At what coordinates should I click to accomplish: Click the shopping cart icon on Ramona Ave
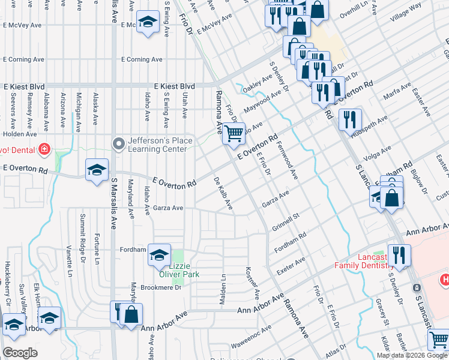point(234,133)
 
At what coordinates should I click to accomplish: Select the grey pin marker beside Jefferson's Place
point(119,143)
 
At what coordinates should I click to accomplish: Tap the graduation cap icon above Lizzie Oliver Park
point(159,255)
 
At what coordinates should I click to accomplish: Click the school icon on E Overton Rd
point(97,170)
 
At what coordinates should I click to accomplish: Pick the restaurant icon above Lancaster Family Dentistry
point(399,255)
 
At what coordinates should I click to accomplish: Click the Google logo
point(20,353)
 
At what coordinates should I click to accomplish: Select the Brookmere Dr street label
point(161,287)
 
